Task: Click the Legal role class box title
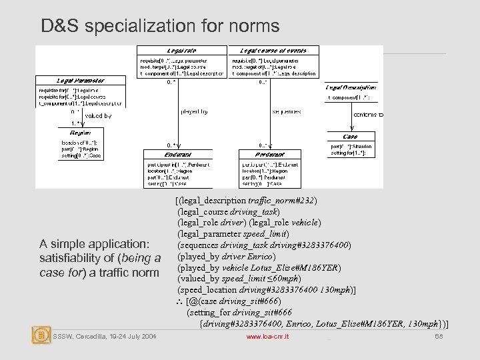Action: (x=181, y=51)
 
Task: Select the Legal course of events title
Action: (x=273, y=51)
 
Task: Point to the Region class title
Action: (x=80, y=133)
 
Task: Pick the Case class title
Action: (x=351, y=137)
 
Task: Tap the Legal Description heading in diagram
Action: (x=353, y=87)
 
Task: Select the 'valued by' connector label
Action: (x=99, y=115)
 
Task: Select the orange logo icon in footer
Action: (x=41, y=335)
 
